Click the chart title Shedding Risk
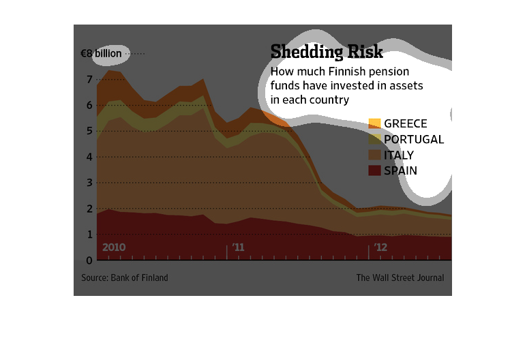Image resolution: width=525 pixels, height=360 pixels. coord(327,52)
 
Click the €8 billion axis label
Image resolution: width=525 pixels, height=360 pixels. coord(100,53)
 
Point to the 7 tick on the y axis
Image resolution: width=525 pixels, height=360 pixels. coord(89,80)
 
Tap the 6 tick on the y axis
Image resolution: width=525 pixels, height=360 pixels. coord(89,106)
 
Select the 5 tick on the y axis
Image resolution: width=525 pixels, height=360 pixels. coord(89,132)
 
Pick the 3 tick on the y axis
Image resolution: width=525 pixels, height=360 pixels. coord(89,183)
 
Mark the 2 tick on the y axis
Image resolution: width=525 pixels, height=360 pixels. coord(89,209)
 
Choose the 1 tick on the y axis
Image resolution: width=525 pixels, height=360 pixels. coord(89,235)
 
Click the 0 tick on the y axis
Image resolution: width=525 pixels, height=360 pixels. coord(89,260)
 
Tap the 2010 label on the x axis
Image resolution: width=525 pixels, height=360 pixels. coord(114,247)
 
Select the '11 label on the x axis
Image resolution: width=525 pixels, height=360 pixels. coord(238,247)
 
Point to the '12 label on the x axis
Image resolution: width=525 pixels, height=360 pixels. coord(380,247)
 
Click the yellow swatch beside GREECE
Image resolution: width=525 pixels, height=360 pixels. coord(374,123)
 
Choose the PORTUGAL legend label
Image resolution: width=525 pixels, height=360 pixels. coord(414,139)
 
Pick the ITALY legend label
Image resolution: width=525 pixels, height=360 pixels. coord(399,155)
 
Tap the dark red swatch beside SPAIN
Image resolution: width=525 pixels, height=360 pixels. coord(374,170)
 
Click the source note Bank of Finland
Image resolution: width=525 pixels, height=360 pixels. coord(125,277)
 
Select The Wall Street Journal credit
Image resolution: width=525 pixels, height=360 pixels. coord(400,277)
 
